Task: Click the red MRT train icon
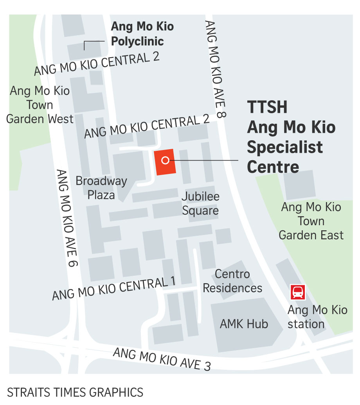click(297, 293)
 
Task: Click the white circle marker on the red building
click(166, 160)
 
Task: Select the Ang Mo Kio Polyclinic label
click(142, 34)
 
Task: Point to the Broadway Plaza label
click(101, 188)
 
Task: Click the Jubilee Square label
click(200, 203)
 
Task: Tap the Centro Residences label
click(232, 281)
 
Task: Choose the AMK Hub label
click(244, 324)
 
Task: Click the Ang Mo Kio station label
click(317, 317)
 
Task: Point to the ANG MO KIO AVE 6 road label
click(67, 218)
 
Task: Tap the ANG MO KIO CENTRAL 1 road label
click(114, 289)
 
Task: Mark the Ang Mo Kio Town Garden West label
click(40, 105)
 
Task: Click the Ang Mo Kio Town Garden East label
click(311, 221)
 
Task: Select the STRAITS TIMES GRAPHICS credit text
click(75, 392)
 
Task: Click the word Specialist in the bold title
click(285, 147)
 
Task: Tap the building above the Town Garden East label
click(299, 184)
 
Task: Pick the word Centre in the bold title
click(273, 167)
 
